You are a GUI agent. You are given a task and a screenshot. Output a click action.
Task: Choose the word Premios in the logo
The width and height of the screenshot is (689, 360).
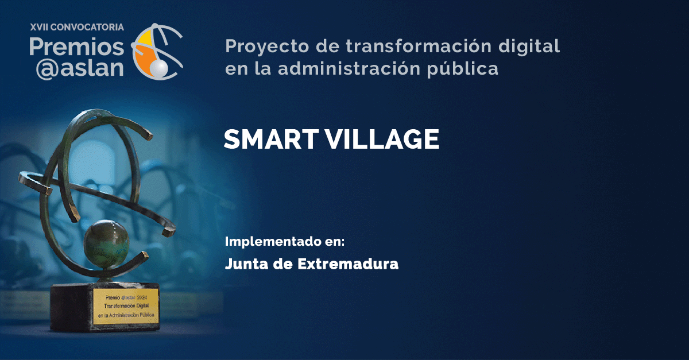pyautogui.click(x=76, y=45)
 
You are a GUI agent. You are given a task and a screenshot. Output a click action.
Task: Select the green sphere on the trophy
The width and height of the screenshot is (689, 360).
pyautogui.click(x=104, y=241)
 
